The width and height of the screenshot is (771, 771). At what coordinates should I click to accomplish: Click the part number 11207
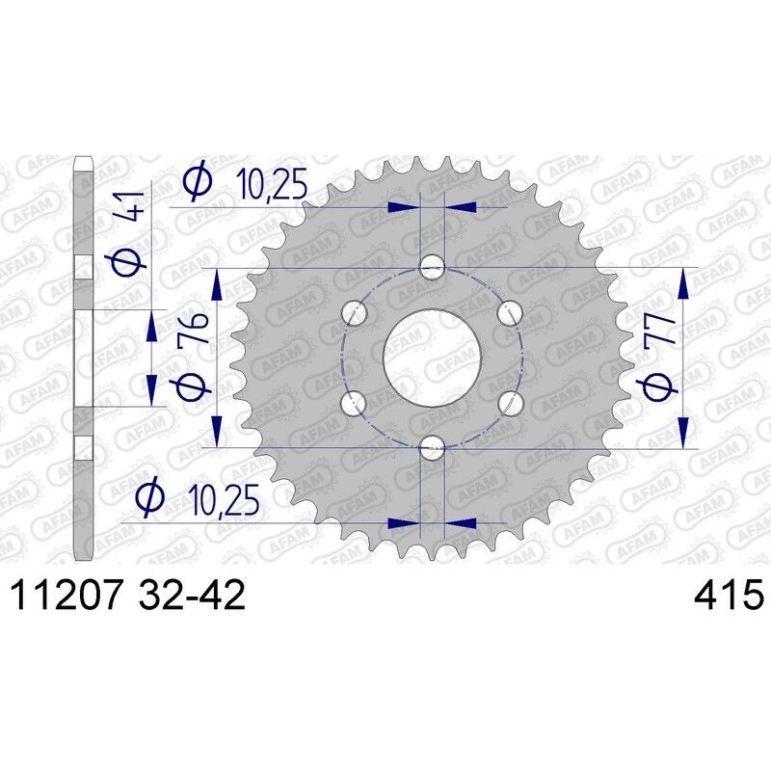point(65,594)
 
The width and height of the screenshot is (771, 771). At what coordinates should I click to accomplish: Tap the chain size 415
point(728,594)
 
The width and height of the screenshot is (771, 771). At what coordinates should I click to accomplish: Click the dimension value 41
point(133,208)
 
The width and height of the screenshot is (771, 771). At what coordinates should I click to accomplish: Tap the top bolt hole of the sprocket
point(433,267)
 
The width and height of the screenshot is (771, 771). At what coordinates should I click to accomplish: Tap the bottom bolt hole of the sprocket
point(433,446)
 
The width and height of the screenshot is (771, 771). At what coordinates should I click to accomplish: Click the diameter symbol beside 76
point(190,385)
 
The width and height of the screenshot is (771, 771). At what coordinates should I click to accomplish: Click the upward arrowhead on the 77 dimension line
point(683,279)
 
